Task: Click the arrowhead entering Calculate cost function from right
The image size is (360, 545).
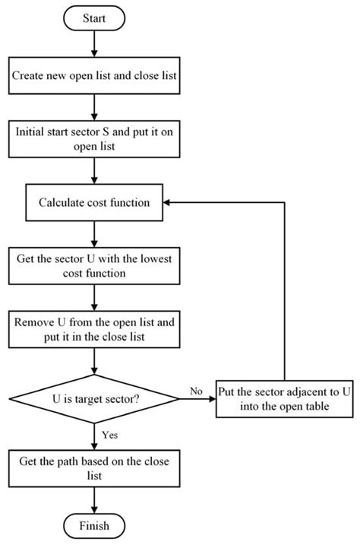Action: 172,202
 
